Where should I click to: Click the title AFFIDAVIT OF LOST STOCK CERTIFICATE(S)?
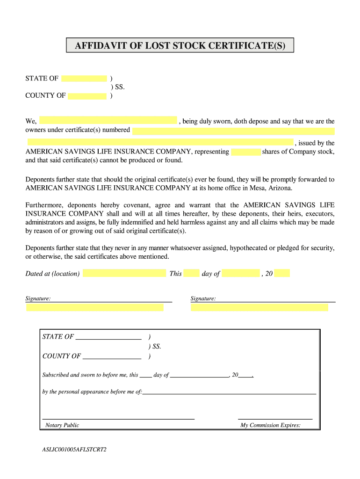point(180,45)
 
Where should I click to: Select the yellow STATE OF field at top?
point(84,79)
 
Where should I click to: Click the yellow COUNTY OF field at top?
point(87,96)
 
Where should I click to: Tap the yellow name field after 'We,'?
point(108,121)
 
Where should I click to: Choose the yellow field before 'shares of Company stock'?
point(245,152)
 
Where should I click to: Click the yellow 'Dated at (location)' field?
point(124,273)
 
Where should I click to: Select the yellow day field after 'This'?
point(191,273)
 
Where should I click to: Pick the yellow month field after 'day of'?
point(240,273)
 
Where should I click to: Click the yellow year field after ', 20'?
point(282,273)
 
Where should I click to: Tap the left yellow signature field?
point(95,307)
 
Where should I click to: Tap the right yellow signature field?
point(259,307)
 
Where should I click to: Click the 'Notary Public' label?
point(62,425)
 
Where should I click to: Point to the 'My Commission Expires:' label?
point(270,425)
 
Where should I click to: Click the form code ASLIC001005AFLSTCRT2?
point(74,450)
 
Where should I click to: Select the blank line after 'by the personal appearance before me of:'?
point(229,392)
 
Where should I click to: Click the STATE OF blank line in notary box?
point(108,337)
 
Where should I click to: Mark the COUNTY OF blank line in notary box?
point(111,356)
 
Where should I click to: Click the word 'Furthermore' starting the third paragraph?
point(44,205)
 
